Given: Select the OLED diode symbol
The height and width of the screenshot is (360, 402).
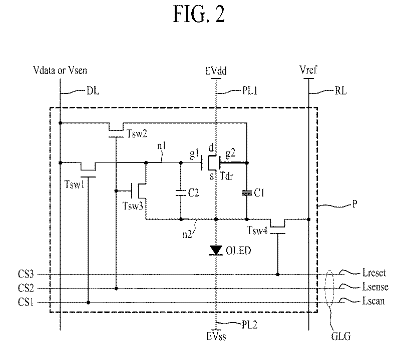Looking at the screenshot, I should [x=216, y=250].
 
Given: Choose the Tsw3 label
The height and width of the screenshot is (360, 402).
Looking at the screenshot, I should [x=132, y=205].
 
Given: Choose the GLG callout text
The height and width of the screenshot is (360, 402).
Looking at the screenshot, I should [x=340, y=337].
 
